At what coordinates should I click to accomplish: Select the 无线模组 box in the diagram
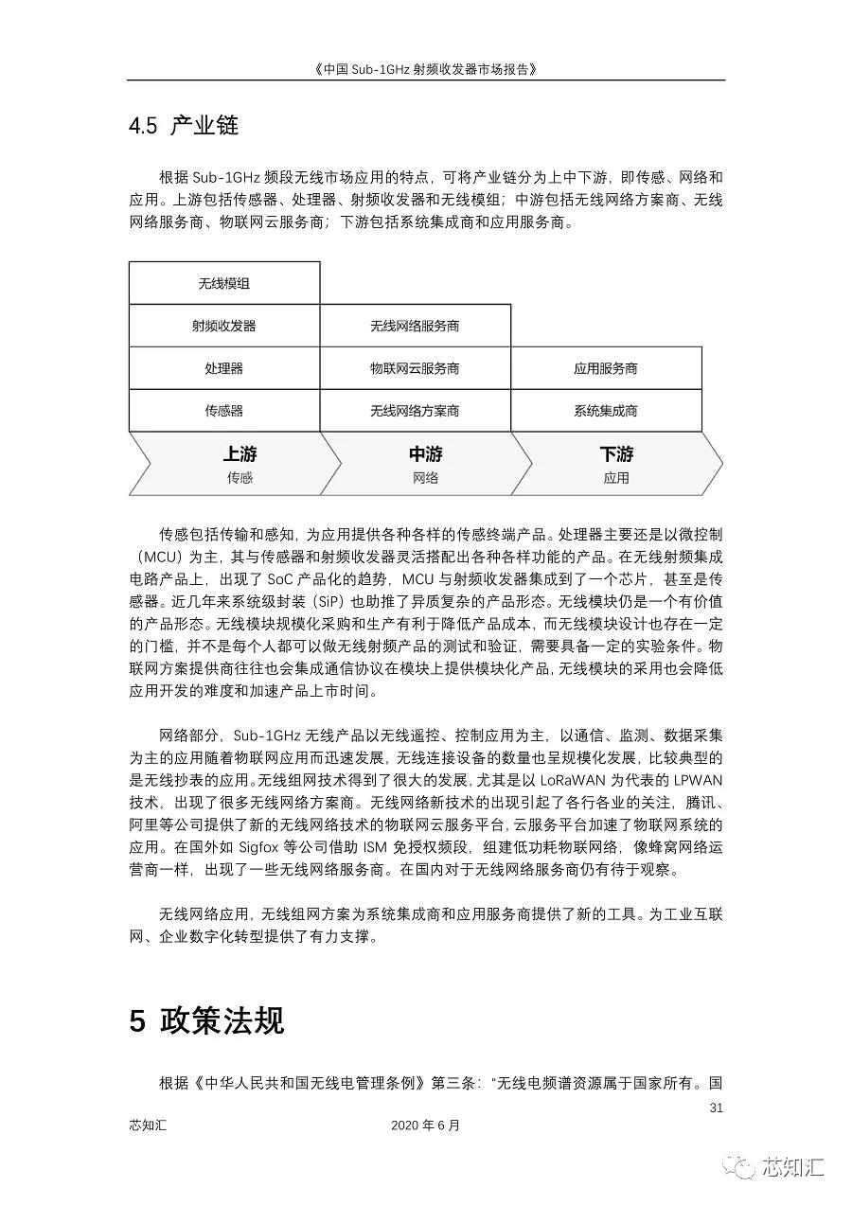click(224, 283)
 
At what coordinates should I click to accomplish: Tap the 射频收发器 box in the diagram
click(224, 326)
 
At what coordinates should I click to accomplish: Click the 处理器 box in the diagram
click(224, 368)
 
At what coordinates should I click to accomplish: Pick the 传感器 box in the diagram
click(224, 411)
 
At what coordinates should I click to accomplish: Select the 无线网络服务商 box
click(415, 326)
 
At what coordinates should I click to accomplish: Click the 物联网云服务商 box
click(415, 368)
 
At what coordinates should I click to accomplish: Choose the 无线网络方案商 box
click(415, 411)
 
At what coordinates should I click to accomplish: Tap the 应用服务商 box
click(606, 368)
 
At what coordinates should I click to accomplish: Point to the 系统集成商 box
click(606, 411)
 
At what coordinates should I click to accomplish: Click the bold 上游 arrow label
click(240, 454)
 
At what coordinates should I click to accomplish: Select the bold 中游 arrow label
click(426, 454)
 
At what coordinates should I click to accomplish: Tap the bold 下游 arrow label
click(616, 454)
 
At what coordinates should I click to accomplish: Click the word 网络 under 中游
click(426, 478)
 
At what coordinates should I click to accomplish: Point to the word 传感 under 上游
click(240, 478)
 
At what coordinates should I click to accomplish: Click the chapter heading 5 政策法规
click(207, 1020)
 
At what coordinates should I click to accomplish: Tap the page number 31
click(716, 1108)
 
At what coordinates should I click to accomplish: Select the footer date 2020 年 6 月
click(425, 1125)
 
